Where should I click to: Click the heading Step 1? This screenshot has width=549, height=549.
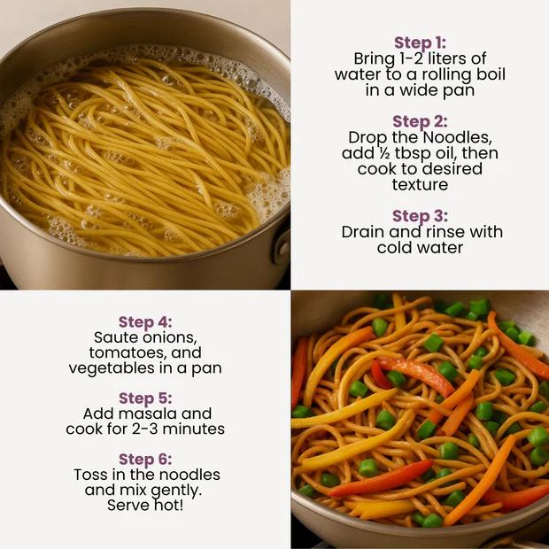420,43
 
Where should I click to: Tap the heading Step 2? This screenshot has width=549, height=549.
420,122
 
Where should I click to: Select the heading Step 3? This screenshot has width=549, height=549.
420,216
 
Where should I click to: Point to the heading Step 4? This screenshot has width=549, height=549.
145,322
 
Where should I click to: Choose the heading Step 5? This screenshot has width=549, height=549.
145,398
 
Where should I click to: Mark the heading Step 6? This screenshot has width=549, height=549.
145,460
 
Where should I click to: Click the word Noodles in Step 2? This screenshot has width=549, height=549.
457,137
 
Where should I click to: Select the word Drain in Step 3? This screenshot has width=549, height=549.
363,232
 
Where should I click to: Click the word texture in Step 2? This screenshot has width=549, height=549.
420,184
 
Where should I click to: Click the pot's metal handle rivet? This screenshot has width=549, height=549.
282,248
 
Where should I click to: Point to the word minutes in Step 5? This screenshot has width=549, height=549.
193,429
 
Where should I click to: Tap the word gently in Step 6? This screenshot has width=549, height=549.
176,491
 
